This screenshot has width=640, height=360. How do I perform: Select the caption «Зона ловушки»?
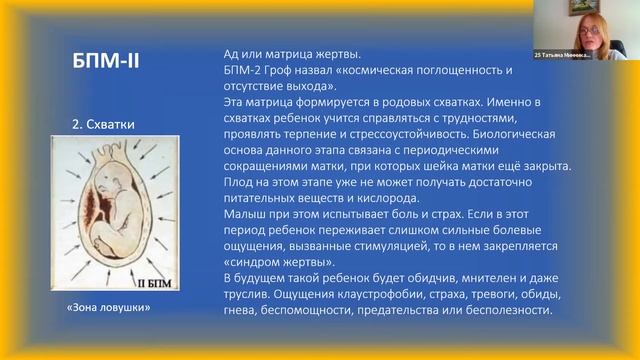click(110, 308)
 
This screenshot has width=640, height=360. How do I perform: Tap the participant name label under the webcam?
click(562, 56)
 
